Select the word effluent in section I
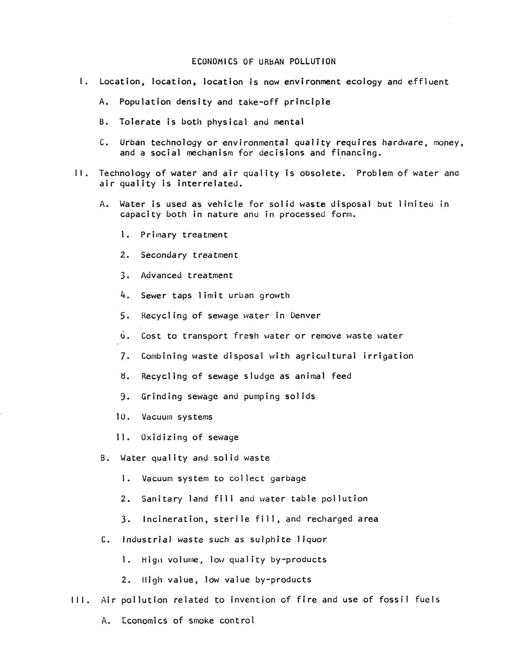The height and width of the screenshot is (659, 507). click(428, 82)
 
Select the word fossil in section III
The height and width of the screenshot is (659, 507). click(394, 600)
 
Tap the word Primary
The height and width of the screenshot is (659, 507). click(158, 235)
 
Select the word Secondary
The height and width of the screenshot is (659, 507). click(164, 255)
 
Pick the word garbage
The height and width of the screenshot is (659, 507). click(288, 478)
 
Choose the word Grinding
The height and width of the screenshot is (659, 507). click(161, 397)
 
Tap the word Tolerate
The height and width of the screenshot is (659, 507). click(140, 122)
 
